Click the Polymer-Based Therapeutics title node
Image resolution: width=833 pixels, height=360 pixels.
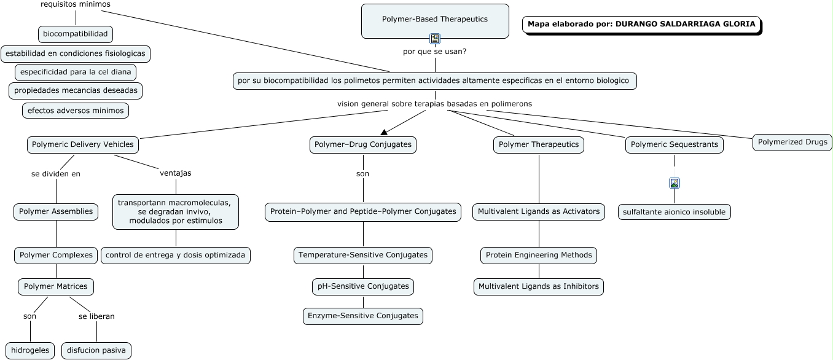(435, 22)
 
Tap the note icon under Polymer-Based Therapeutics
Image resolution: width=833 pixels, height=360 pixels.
(435, 38)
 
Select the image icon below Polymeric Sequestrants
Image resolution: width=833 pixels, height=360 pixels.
(675, 183)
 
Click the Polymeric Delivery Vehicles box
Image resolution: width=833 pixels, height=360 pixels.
(83, 144)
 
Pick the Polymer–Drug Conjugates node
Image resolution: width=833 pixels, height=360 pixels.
(363, 144)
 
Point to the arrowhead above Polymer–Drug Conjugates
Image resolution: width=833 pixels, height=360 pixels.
(384, 132)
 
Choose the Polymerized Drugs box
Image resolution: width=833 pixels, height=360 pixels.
(792, 143)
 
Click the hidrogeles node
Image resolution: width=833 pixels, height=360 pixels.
(30, 350)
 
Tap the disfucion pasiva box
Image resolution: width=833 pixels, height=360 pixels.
(96, 350)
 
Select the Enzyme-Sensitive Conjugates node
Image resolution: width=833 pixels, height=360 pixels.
(363, 316)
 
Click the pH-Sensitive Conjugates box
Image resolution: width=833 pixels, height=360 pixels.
(363, 287)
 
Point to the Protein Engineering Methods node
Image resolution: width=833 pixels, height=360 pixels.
(539, 256)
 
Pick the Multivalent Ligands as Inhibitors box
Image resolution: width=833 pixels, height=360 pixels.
(539, 287)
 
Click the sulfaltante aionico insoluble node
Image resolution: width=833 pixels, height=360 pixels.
(675, 212)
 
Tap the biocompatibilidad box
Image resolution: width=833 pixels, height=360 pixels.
(76, 34)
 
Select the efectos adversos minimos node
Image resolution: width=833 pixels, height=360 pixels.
(76, 111)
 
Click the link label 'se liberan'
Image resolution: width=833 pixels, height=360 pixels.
(96, 316)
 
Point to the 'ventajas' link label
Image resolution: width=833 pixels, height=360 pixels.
(176, 173)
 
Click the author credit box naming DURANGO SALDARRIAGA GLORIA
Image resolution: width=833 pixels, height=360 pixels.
(642, 25)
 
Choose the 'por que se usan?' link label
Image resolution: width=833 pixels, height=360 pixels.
(435, 52)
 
